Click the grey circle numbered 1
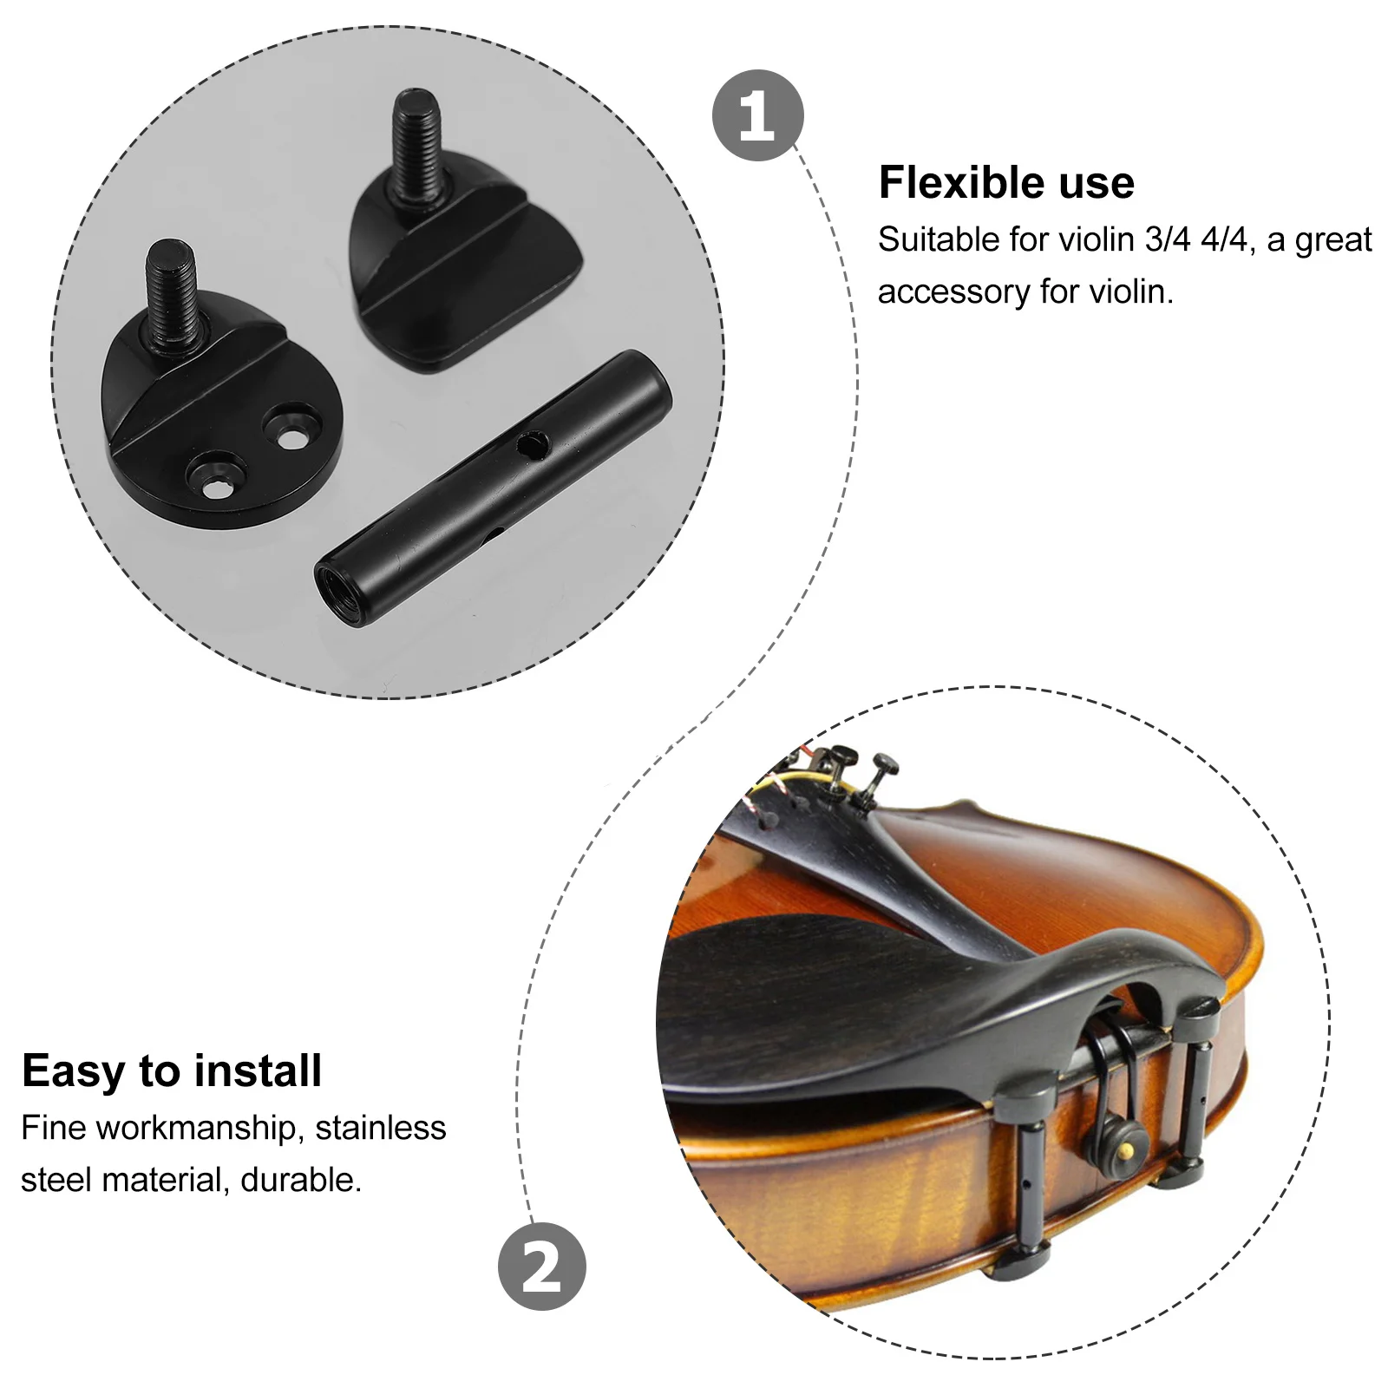[x=757, y=115]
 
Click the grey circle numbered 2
[x=541, y=1267]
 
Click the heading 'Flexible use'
[x=1006, y=183]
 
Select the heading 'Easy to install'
[x=172, y=1070]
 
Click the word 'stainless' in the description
[x=380, y=1128]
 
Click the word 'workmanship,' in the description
[x=196, y=1128]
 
